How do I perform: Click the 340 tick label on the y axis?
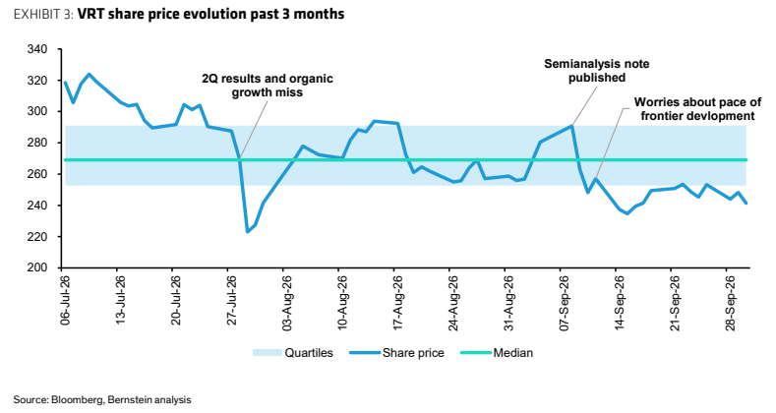click(37, 49)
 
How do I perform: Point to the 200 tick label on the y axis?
click(37, 267)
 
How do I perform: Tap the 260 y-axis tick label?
click(37, 174)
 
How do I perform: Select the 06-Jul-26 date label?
click(65, 300)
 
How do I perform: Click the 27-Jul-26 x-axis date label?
click(231, 300)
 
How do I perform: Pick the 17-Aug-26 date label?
click(398, 302)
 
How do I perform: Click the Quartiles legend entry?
click(292, 353)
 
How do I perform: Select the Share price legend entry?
click(397, 353)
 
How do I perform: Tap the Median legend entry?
click(497, 353)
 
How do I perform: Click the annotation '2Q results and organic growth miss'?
click(268, 86)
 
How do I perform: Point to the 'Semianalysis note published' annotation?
click(596, 71)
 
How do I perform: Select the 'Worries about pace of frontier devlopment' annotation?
click(697, 109)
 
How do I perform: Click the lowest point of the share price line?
click(248, 231)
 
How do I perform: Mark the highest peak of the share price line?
click(90, 74)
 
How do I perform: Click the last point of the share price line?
click(746, 203)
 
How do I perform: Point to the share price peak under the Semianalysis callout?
click(571, 126)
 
